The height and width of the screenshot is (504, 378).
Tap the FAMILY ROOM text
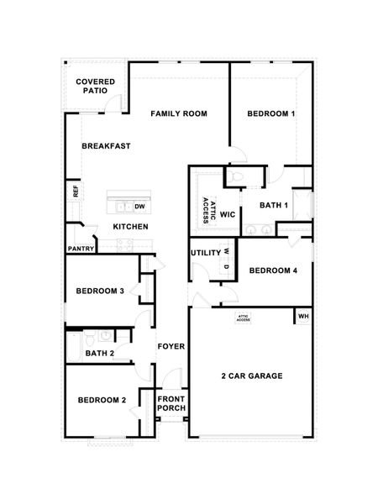(179, 113)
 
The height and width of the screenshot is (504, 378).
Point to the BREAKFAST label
(106, 146)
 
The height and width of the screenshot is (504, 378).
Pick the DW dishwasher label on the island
(140, 205)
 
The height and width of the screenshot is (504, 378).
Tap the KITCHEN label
(131, 227)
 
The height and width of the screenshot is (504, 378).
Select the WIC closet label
(228, 214)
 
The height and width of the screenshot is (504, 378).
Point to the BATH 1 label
(274, 205)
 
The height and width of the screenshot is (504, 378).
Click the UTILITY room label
(205, 252)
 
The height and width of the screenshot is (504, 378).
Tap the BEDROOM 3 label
(100, 291)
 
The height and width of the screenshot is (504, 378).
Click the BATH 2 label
(100, 354)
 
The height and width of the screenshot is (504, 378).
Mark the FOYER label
(171, 345)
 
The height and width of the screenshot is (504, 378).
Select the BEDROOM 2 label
(101, 400)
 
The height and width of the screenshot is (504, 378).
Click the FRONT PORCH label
(172, 404)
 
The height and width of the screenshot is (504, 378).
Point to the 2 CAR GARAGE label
(251, 375)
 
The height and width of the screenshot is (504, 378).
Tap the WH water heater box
(302, 317)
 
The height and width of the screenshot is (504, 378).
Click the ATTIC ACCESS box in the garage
(243, 317)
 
